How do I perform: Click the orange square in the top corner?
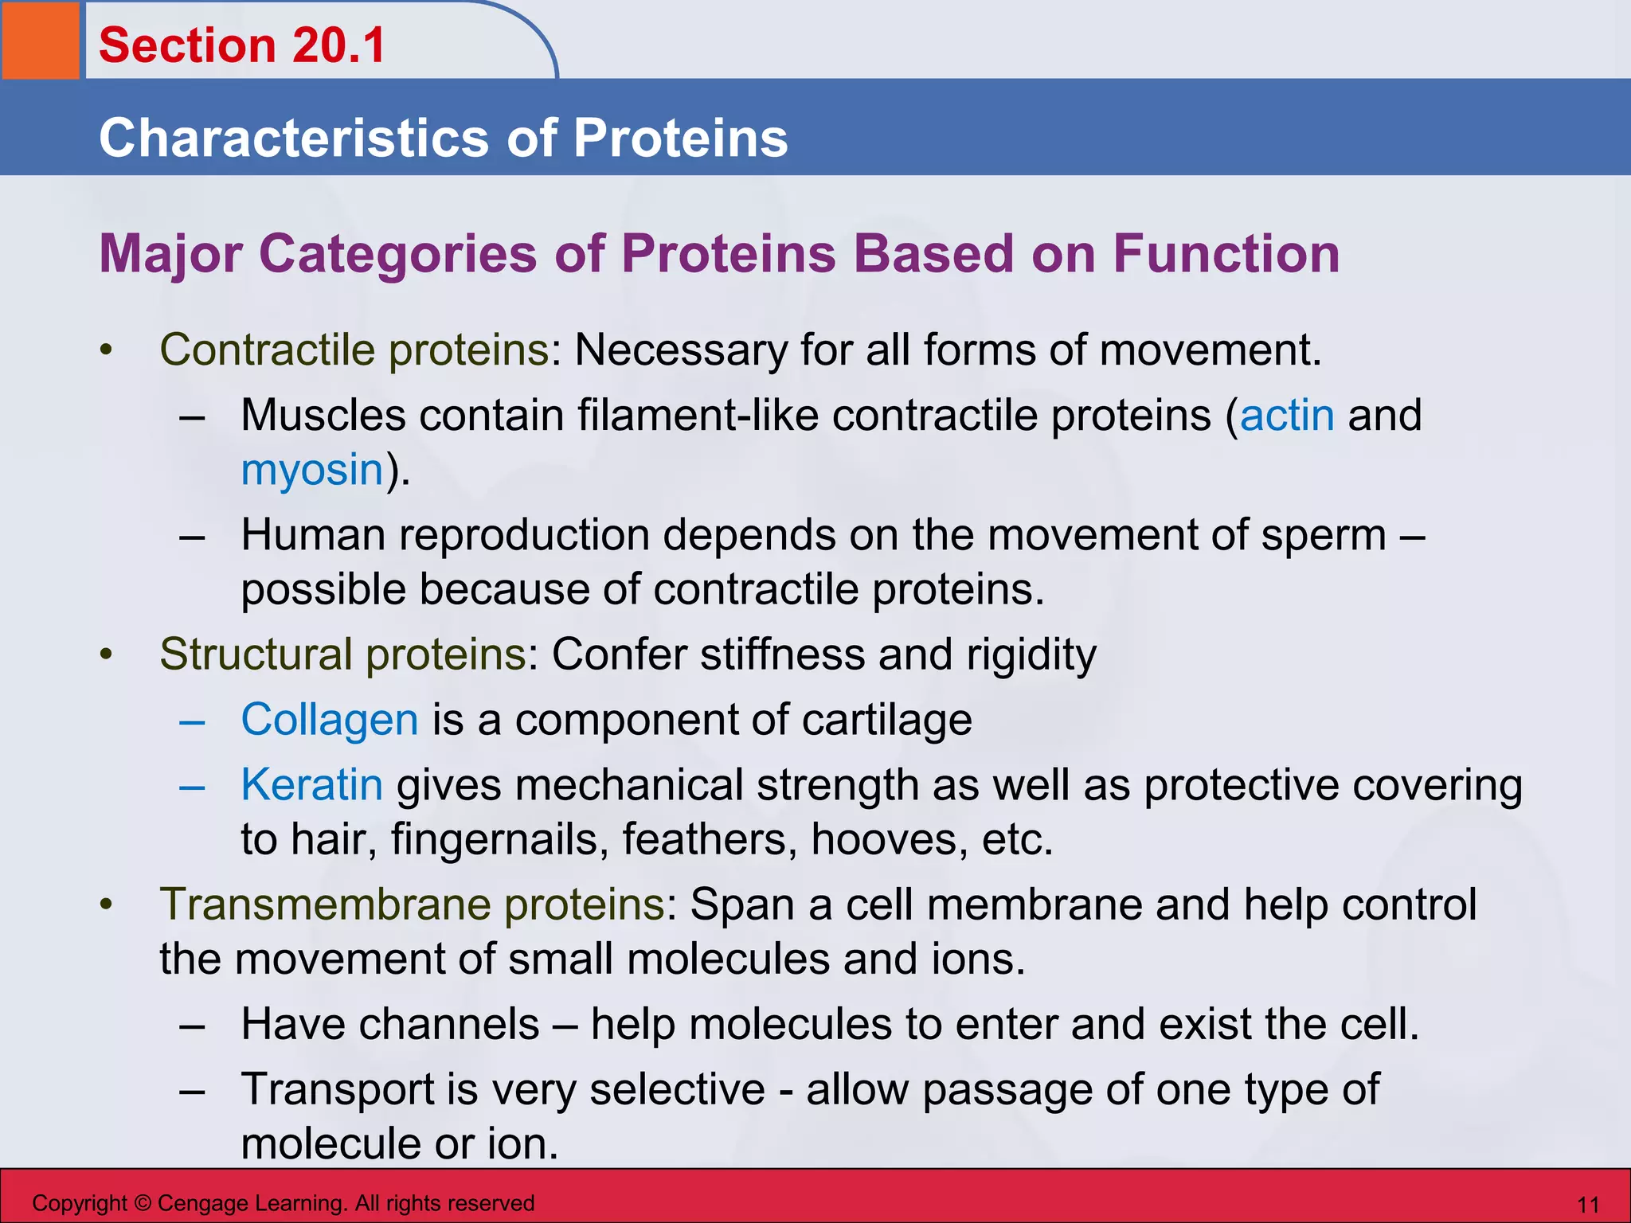40,40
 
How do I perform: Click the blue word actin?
1287,416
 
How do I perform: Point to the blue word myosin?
312,470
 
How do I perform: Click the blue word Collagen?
330,720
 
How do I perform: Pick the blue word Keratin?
312,785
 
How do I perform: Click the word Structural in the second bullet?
256,654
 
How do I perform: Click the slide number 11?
1588,1204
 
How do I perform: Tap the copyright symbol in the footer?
143,1203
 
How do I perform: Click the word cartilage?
886,720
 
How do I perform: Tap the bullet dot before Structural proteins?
107,655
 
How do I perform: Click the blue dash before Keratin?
192,787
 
